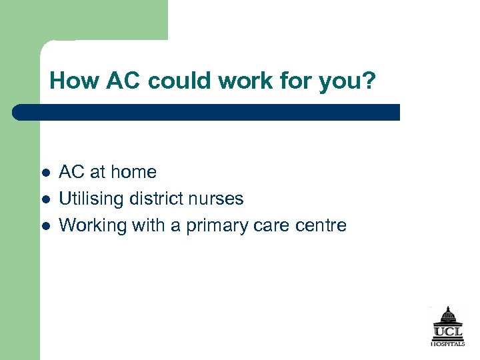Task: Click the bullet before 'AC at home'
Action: pyautogui.click(x=45, y=172)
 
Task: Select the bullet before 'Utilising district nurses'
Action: pyautogui.click(x=45, y=199)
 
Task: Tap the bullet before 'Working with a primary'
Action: pyautogui.click(x=45, y=225)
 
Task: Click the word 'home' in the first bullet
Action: pyautogui.click(x=133, y=172)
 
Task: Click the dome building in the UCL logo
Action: pyautogui.click(x=447, y=315)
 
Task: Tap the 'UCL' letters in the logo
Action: pyautogui.click(x=448, y=332)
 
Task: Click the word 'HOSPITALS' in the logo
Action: pyautogui.click(x=448, y=343)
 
